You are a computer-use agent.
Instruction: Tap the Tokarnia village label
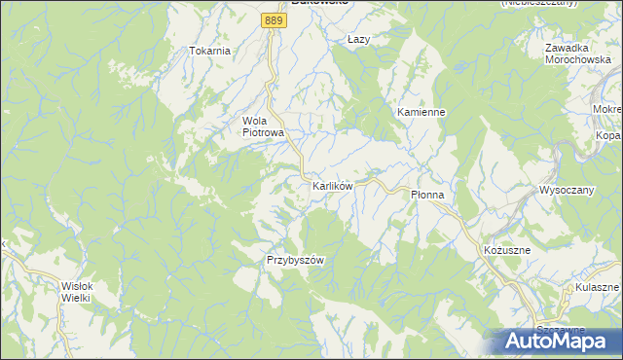click(x=210, y=51)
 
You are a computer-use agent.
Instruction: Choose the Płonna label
click(x=427, y=195)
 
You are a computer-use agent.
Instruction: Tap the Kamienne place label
click(x=421, y=112)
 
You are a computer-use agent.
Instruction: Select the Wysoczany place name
click(x=567, y=190)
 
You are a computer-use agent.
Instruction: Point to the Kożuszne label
click(x=506, y=250)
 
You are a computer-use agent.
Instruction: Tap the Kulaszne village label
click(x=597, y=289)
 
